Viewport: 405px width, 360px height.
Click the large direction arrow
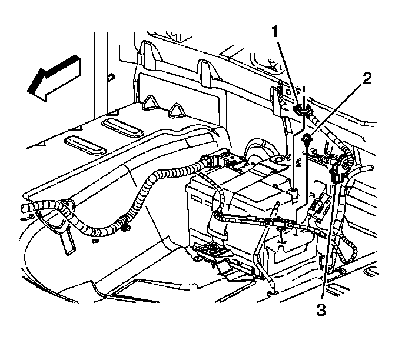[54, 76]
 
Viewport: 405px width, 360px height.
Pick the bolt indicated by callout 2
[307, 139]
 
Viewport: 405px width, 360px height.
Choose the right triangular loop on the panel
[175, 109]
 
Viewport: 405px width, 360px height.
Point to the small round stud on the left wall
[111, 77]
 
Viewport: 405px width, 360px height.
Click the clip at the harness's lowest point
[125, 226]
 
